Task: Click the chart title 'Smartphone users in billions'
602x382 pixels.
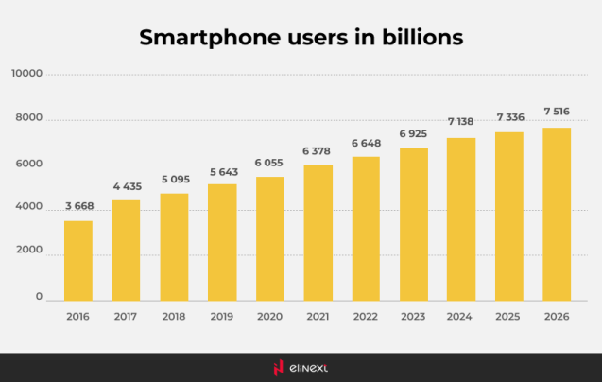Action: point(301,38)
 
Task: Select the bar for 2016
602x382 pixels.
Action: point(78,260)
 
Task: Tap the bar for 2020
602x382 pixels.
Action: point(269,238)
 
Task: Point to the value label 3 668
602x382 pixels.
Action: point(78,207)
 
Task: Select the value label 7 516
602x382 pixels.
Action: point(557,113)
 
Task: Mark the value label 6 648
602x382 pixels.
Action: point(365,143)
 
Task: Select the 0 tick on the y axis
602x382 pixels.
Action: point(39,298)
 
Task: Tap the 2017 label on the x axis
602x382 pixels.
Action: point(126,317)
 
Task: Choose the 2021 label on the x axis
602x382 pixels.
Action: point(318,317)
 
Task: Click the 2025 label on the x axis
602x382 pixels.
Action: point(508,317)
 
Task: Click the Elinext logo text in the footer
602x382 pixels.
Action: point(310,368)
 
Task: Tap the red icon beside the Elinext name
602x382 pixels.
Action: point(278,368)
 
